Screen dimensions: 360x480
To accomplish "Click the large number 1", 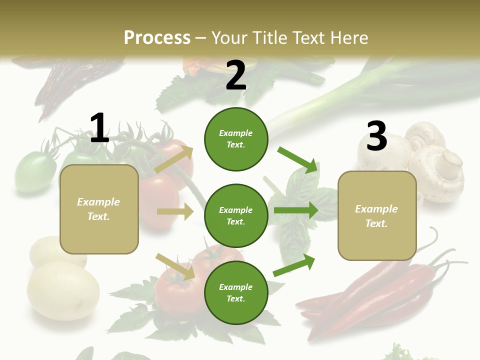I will click(99, 128).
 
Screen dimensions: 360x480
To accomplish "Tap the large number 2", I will click(236, 76).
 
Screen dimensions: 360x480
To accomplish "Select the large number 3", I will click(376, 136).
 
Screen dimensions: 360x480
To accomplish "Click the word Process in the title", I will click(157, 37).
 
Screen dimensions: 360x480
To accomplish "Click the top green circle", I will click(236, 139).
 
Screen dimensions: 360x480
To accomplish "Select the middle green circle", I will click(236, 215).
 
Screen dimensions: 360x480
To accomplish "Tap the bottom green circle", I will click(236, 292).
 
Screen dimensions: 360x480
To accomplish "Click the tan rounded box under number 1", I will click(99, 209).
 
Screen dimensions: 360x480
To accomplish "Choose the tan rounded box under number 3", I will click(377, 215).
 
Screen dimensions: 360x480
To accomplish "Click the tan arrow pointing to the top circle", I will click(174, 159).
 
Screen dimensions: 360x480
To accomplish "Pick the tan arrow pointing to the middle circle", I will click(175, 211).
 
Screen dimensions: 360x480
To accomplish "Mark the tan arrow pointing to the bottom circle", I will click(175, 266).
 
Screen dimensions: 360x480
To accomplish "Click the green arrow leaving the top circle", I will click(298, 159).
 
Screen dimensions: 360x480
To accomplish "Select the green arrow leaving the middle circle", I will click(295, 210).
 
